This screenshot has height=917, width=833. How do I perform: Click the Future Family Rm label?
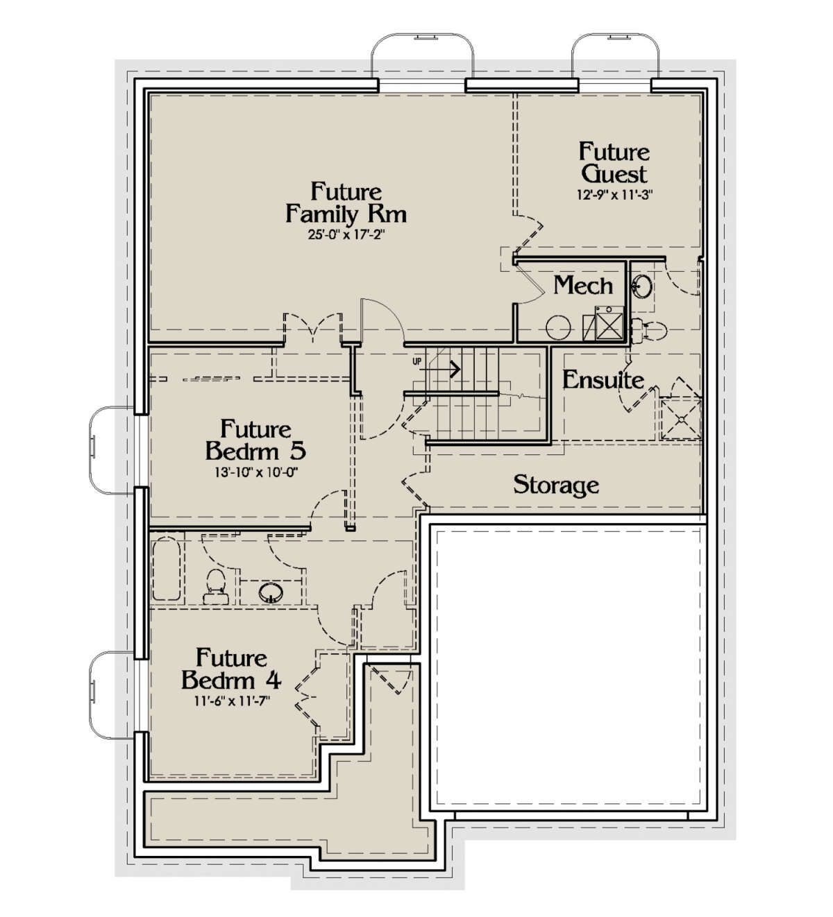pos(346,203)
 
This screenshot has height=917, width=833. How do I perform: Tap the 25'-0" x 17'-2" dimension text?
pos(346,235)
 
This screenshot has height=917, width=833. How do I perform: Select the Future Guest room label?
pos(614,163)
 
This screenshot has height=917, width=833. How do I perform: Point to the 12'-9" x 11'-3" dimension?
pos(614,195)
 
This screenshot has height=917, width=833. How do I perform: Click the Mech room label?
pos(582,286)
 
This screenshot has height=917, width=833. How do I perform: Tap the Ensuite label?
pos(603,380)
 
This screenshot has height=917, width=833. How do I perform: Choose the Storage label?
pos(556,485)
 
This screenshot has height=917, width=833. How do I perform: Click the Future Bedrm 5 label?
pos(255,440)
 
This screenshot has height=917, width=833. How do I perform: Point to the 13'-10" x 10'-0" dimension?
pos(256,472)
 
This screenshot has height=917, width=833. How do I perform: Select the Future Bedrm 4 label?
pos(231,669)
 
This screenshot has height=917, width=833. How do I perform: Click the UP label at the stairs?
pos(416,361)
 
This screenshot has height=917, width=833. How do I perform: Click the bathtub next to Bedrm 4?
pos(166,569)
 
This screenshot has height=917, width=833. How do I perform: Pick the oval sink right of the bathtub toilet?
pos(271,593)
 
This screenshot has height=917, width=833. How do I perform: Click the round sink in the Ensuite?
pos(643,287)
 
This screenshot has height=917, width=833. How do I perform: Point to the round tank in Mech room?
pos(558,327)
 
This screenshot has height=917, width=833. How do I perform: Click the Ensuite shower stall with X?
pos(680,419)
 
